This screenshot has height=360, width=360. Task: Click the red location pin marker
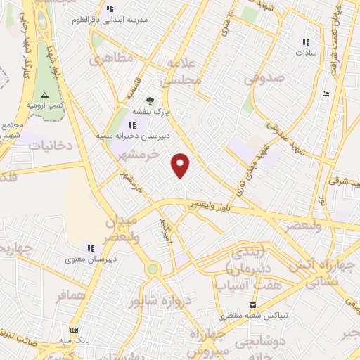pyautogui.click(x=181, y=165)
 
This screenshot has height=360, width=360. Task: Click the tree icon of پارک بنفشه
pyautogui.click(x=150, y=101)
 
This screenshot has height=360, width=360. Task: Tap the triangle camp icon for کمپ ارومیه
pyautogui.click(x=44, y=94)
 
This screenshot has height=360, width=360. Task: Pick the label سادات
pyautogui.click(x=307, y=53)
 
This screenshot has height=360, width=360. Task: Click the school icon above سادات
pyautogui.click(x=306, y=41)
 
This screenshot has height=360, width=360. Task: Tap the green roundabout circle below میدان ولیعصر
pyautogui.click(x=153, y=269)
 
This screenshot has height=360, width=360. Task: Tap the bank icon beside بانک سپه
pyautogui.click(x=74, y=330)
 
